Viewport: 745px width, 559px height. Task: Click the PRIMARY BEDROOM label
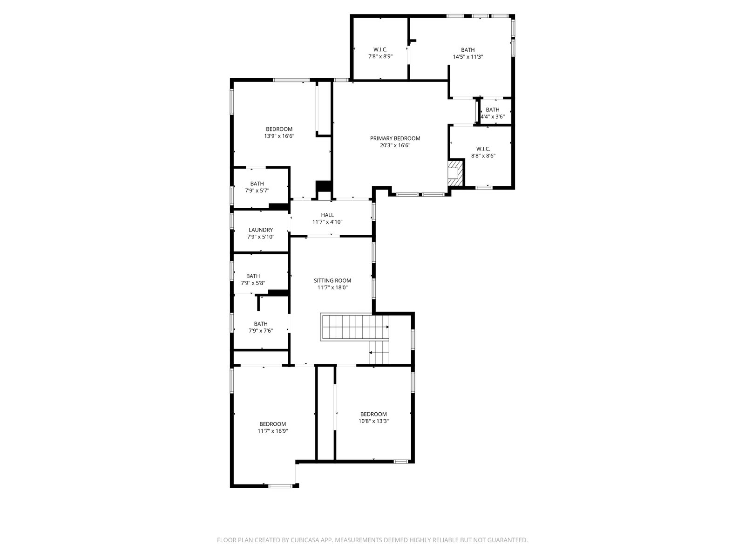(395, 138)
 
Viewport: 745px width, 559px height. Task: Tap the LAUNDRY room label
(261, 230)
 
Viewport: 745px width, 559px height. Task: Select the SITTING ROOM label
(332, 281)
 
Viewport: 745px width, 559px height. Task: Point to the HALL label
(327, 215)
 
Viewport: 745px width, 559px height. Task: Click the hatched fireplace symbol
(455, 173)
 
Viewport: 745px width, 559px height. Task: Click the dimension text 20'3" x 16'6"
(395, 146)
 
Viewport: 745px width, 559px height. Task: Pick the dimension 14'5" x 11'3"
(467, 57)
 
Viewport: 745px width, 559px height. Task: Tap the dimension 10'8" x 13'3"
(373, 421)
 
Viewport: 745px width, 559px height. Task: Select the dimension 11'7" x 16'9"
(272, 431)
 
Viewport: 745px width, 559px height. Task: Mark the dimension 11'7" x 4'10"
(327, 222)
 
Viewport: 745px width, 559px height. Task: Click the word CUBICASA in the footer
(304, 540)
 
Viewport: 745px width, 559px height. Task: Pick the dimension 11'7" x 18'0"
(332, 288)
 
